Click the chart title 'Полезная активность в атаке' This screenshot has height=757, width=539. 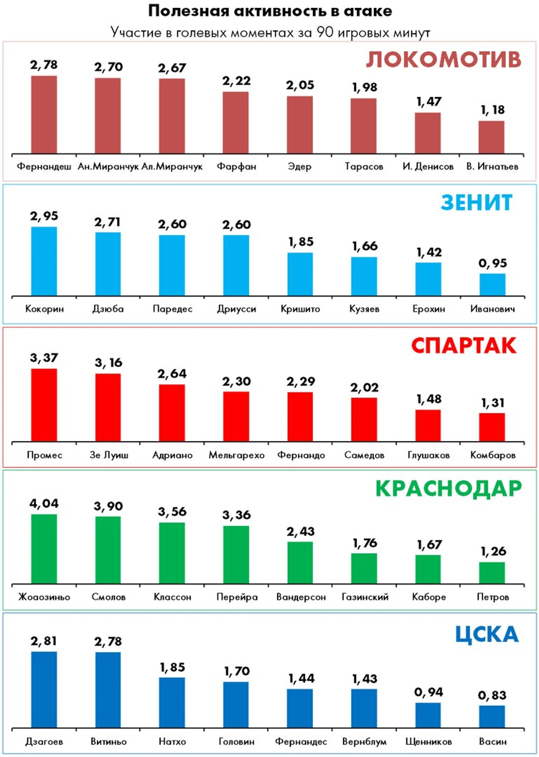pos(270,11)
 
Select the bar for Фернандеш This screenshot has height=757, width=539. pos(44,114)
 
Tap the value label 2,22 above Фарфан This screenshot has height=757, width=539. pos(236,81)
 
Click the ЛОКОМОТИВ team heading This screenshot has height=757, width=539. pos(443,60)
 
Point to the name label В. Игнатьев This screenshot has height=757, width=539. pos(492,167)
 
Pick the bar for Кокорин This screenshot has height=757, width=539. pos(44,261)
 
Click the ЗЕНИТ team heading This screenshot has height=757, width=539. pos(476,202)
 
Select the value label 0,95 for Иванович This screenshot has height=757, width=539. pos(492,263)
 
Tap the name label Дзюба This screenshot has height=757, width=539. pos(108,309)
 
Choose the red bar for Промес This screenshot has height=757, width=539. pos(44,405)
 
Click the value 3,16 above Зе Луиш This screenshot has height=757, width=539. pos(108,363)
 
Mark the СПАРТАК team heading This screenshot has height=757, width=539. pos(464,346)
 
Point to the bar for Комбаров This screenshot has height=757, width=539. pos(492,427)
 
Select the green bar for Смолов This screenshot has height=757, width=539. pos(108,550)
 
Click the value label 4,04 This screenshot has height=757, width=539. pos(44,504)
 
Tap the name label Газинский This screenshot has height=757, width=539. pos(365,597)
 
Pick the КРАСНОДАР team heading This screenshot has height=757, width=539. pos(449,489)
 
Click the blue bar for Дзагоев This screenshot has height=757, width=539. pos(44,689)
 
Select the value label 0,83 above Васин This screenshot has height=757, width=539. pos(492,696)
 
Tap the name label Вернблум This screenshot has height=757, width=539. pos(364,741)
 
